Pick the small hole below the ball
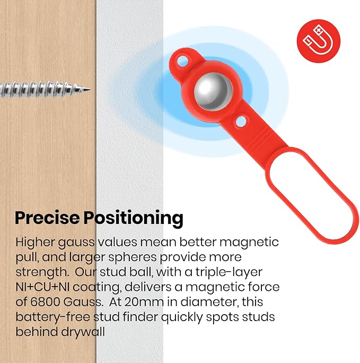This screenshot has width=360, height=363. pos(240,121)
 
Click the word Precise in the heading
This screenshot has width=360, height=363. pos(46,218)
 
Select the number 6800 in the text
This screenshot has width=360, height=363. pos(50,302)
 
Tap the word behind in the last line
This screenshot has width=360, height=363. pos(33,332)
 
